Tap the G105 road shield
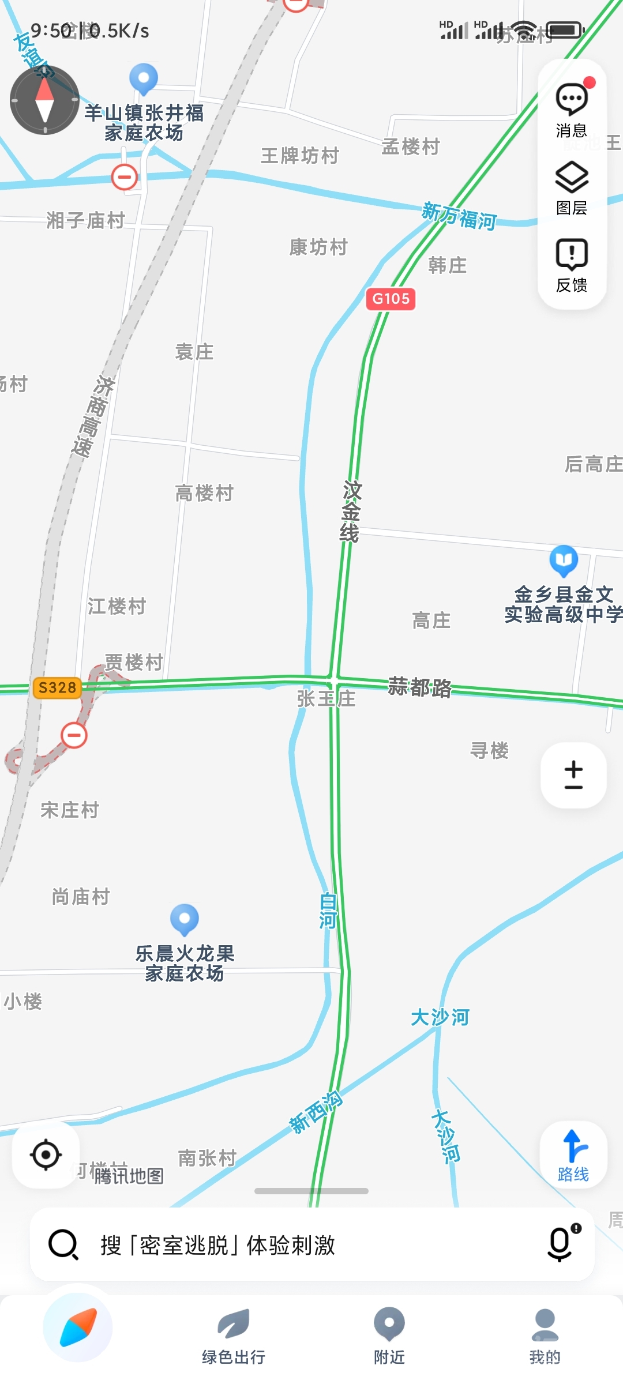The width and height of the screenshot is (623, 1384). click(x=391, y=299)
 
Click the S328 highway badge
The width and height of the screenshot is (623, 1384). click(x=57, y=687)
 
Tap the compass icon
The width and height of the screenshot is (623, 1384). click(x=44, y=100)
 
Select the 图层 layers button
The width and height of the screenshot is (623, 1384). click(x=572, y=187)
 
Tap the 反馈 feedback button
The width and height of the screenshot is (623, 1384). click(x=572, y=264)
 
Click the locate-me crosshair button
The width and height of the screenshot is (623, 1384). click(x=46, y=1154)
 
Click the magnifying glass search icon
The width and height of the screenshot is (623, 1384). click(x=63, y=1244)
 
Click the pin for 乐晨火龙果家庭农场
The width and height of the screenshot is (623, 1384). click(x=185, y=919)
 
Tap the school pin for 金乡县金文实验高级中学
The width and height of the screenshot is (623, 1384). click(x=564, y=560)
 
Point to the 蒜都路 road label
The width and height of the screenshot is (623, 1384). click(x=419, y=687)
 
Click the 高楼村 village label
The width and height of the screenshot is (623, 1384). click(x=204, y=494)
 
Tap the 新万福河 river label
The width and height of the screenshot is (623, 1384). click(x=459, y=216)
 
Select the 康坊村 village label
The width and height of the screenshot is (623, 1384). click(x=318, y=247)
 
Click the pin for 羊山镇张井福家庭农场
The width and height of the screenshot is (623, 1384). click(x=144, y=78)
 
